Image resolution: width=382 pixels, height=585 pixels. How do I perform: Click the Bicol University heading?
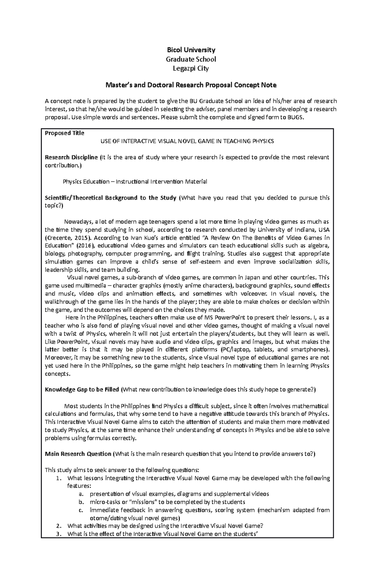(x=191, y=50)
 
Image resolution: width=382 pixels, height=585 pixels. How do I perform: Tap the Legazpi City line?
(x=191, y=68)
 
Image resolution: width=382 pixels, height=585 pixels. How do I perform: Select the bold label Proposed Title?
(x=65, y=133)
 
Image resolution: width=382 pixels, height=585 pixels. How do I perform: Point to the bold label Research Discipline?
(x=71, y=157)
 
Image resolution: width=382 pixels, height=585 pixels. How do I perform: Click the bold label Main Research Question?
(x=78, y=454)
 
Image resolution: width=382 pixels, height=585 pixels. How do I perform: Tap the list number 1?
(x=58, y=478)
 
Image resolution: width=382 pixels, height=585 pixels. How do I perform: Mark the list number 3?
(x=58, y=534)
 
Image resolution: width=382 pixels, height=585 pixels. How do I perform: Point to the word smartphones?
(x=311, y=349)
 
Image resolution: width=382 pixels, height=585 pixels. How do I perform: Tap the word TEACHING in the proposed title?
(x=236, y=141)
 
